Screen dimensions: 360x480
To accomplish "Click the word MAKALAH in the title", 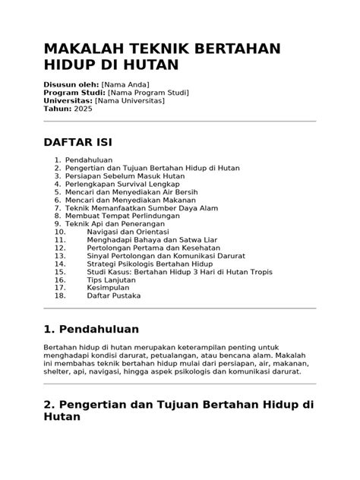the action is tap(84, 49).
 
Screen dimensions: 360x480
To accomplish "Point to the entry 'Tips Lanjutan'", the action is tap(112, 279).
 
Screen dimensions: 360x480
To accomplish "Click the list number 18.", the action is tap(60, 295).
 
